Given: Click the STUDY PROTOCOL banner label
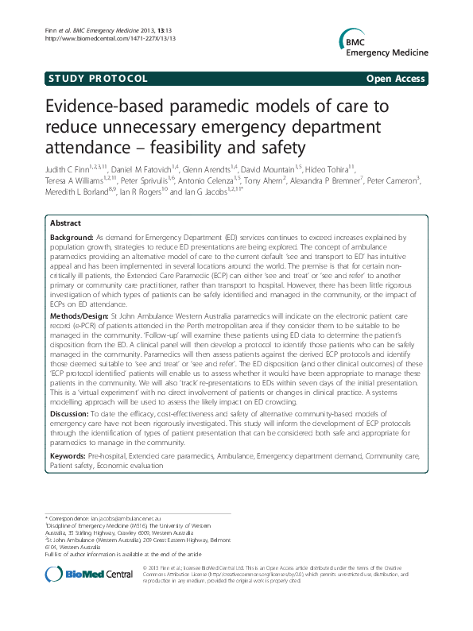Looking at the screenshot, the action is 96,79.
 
